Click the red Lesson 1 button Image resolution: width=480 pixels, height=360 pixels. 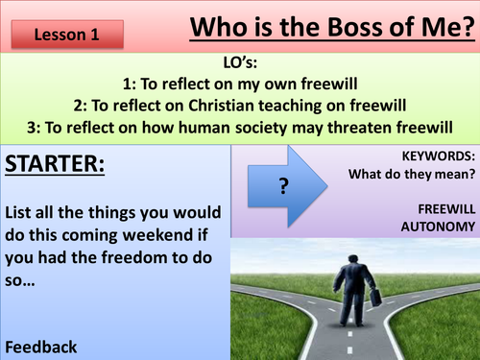pyautogui.click(x=67, y=34)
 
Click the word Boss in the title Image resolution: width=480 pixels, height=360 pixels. pyautogui.click(x=325, y=27)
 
